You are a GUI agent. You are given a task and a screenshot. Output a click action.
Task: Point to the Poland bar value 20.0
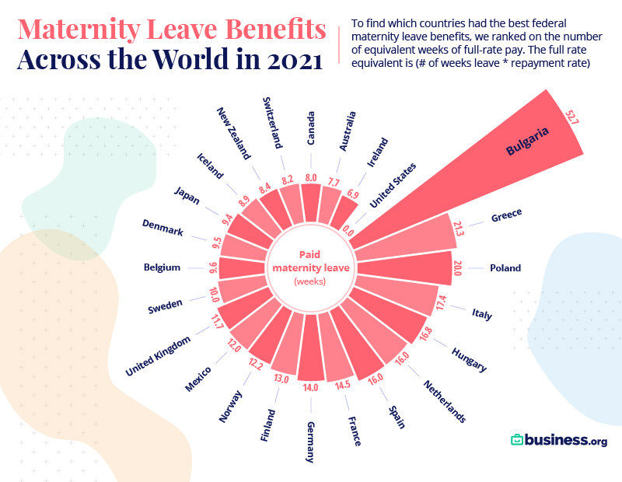click(457, 268)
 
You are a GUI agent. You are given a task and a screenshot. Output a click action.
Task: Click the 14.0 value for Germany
click(310, 387)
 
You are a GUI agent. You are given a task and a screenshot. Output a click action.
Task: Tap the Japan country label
click(187, 196)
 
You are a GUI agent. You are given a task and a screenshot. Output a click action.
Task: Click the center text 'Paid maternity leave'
click(310, 261)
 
